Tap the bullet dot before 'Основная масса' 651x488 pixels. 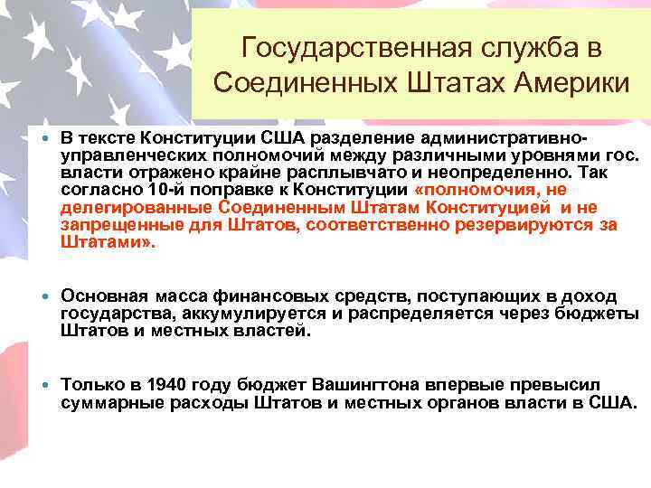[x=44, y=296]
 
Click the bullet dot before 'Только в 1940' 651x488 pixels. [x=44, y=384]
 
